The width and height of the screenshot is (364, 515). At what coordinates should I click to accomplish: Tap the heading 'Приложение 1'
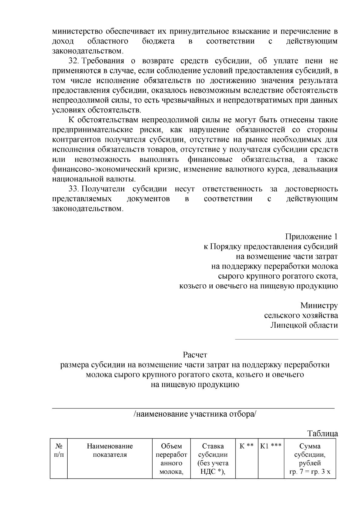point(311,237)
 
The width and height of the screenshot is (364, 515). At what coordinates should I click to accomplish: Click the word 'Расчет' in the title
point(195,355)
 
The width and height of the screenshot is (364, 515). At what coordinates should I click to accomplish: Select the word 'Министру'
point(319,306)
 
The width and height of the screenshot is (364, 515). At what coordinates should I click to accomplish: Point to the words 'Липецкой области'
point(304,325)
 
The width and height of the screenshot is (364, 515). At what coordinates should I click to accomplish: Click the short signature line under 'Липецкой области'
point(286,339)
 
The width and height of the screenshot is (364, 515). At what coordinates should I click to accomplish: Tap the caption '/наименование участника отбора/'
point(195,414)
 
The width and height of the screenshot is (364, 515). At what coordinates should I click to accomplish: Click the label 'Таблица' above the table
point(322,433)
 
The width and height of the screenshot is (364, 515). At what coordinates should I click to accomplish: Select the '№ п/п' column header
point(59,450)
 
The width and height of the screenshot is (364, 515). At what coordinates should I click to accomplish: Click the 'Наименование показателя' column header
point(110,450)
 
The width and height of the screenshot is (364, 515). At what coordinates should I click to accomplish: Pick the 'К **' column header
point(247,446)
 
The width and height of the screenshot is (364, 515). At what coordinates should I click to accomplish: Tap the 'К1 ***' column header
point(271,446)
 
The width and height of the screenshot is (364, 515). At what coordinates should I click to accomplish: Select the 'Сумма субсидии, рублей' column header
point(310,455)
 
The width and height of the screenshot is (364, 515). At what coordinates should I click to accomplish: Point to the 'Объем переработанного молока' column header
point(171,459)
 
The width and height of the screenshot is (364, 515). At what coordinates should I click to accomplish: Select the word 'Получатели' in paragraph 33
point(103,189)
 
